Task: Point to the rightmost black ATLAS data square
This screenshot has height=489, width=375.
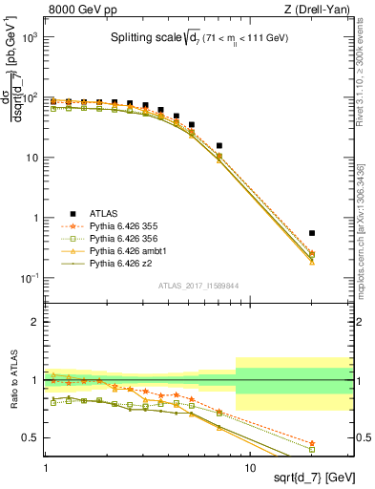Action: (312, 232)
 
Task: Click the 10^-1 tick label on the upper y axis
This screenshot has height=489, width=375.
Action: (31, 278)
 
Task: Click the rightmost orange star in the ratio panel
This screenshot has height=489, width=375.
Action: (312, 443)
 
